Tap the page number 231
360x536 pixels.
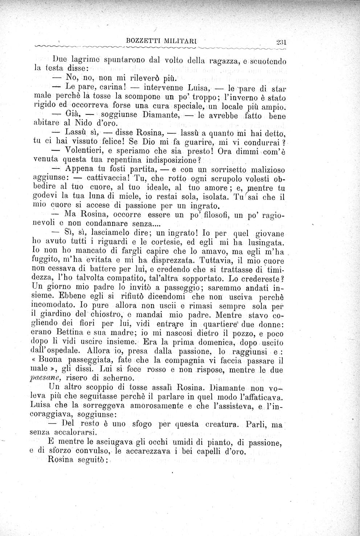[281, 42]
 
